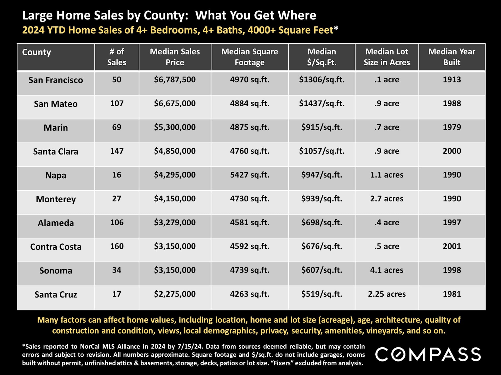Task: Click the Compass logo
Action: pyautogui.click(x=428, y=354)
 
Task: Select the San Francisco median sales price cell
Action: pyautogui.click(x=175, y=80)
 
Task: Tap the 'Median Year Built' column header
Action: pyautogui.click(x=452, y=57)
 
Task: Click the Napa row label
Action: pyautogui.click(x=56, y=175)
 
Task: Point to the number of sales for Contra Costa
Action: pyautogui.click(x=117, y=246)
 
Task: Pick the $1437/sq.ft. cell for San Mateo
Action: pyautogui.click(x=321, y=104)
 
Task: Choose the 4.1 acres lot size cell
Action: pyautogui.click(x=386, y=270)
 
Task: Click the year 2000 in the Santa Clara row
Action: pyautogui.click(x=452, y=151)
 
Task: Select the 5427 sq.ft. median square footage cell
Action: pyautogui.click(x=249, y=175)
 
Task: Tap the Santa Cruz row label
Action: pyautogui.click(x=56, y=295)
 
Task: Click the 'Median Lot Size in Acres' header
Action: pyautogui.click(x=386, y=57)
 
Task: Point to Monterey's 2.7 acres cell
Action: pyautogui.click(x=386, y=199)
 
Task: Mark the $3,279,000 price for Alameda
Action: pyautogui.click(x=175, y=223)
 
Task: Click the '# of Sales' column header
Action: pyautogui.click(x=117, y=57)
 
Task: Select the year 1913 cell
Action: pyautogui.click(x=452, y=80)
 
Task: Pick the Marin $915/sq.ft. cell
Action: pyautogui.click(x=321, y=127)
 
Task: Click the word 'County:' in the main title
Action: pyautogui.click(x=166, y=15)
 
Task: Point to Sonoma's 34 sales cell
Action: pyautogui.click(x=117, y=270)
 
